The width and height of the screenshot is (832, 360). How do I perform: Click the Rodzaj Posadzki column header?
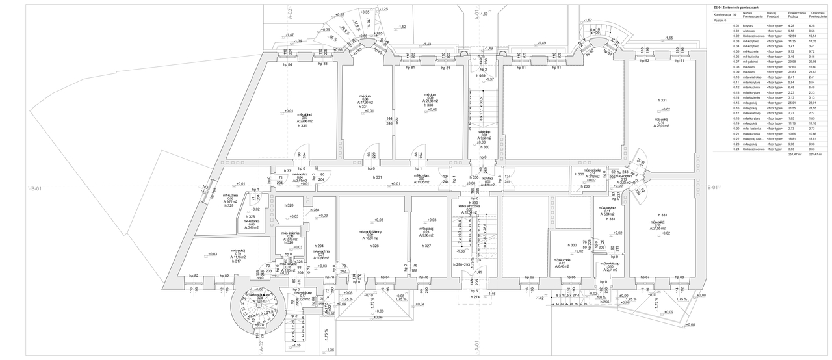[x=773, y=14]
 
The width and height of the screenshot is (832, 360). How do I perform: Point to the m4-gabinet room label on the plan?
[x=288, y=119]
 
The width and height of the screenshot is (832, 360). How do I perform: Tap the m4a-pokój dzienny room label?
[x=370, y=235]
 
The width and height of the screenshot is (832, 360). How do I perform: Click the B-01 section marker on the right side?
[x=712, y=187]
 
